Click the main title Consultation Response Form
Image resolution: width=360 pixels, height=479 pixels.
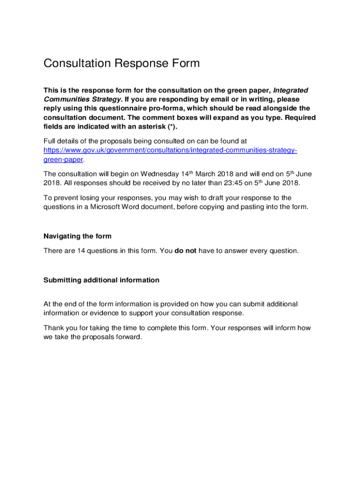[122, 63]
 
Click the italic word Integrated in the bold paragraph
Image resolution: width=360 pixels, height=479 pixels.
[290, 90]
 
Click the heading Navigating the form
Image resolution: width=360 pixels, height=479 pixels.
[78, 236]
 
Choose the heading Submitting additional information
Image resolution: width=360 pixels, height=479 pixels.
[101, 280]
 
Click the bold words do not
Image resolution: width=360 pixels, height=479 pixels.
[185, 251]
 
